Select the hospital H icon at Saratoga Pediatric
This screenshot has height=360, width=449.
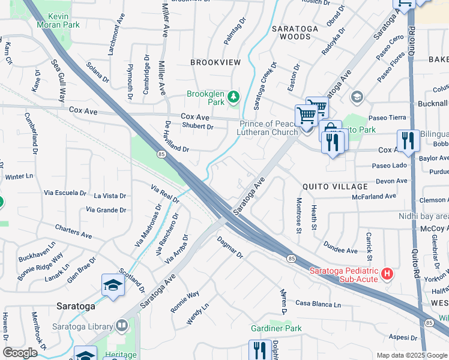coord(387,274)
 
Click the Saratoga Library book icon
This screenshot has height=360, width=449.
coord(122,325)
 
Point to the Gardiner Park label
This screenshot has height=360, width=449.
coord(277,328)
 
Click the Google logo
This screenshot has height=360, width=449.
coord(20,353)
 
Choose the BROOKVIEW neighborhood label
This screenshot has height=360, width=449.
coord(215,62)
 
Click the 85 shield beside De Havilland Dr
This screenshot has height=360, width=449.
coord(161,154)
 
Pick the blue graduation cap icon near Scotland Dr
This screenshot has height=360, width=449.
coord(112,284)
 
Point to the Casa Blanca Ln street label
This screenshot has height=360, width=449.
coord(318,304)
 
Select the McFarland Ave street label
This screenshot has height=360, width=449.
coord(374,196)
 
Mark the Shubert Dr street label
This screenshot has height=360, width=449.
coord(197,127)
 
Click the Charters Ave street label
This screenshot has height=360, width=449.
coord(73,231)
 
